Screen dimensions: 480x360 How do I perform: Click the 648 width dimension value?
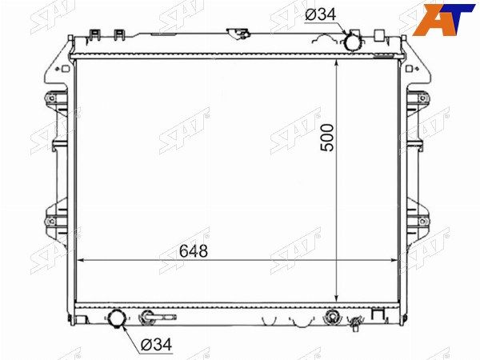(x=193, y=251)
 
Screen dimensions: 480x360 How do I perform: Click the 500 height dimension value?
(x=326, y=137)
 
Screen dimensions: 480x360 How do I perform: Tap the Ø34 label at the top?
(x=321, y=14)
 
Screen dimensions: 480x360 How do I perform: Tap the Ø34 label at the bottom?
(x=157, y=345)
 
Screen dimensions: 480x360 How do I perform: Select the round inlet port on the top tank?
(x=353, y=42)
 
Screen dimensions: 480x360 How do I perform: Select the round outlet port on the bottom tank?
(x=117, y=318)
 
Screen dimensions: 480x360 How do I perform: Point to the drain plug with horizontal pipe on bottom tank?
(x=157, y=317)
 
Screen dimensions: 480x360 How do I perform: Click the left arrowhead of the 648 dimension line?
(x=80, y=261)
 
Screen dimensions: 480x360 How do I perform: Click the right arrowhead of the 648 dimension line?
(x=393, y=261)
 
